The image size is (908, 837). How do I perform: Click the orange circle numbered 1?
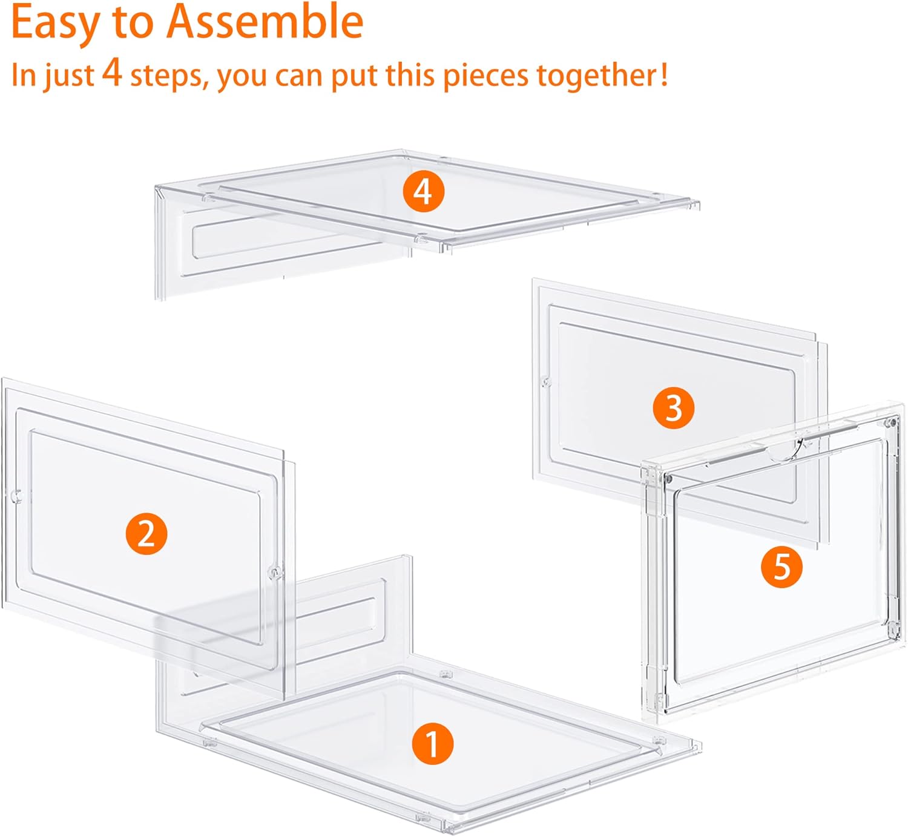pos(433,744)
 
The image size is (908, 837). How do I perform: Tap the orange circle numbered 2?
pos(146,533)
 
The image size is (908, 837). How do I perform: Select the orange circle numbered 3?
pos(673,409)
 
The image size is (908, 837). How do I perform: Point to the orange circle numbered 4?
pos(423,191)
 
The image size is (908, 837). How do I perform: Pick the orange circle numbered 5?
pos(781,567)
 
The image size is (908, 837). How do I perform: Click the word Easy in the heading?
pos(55,24)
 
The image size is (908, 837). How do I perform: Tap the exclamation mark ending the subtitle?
pos(663,74)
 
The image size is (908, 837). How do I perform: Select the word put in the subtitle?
pos(354,76)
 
